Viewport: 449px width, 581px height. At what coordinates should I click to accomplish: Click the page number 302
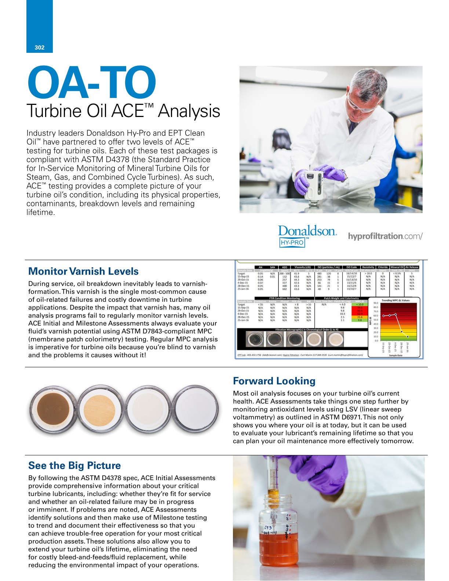39,47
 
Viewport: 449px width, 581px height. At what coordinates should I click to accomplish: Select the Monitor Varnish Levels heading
83,271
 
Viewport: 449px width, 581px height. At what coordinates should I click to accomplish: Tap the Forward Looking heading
274,381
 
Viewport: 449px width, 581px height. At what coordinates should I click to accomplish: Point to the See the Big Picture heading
74,465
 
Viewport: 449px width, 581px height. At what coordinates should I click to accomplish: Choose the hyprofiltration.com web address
385,236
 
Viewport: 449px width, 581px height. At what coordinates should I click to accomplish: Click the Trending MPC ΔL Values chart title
395,300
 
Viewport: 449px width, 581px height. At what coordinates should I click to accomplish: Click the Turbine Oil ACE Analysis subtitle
123,111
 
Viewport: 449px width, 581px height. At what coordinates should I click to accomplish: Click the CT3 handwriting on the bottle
267,528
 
